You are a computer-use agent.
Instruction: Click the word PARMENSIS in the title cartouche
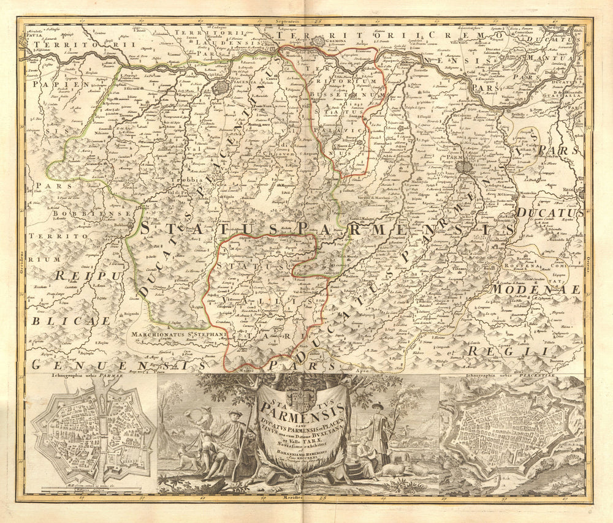coord(302,407)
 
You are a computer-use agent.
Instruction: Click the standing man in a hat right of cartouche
coord(376,432)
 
